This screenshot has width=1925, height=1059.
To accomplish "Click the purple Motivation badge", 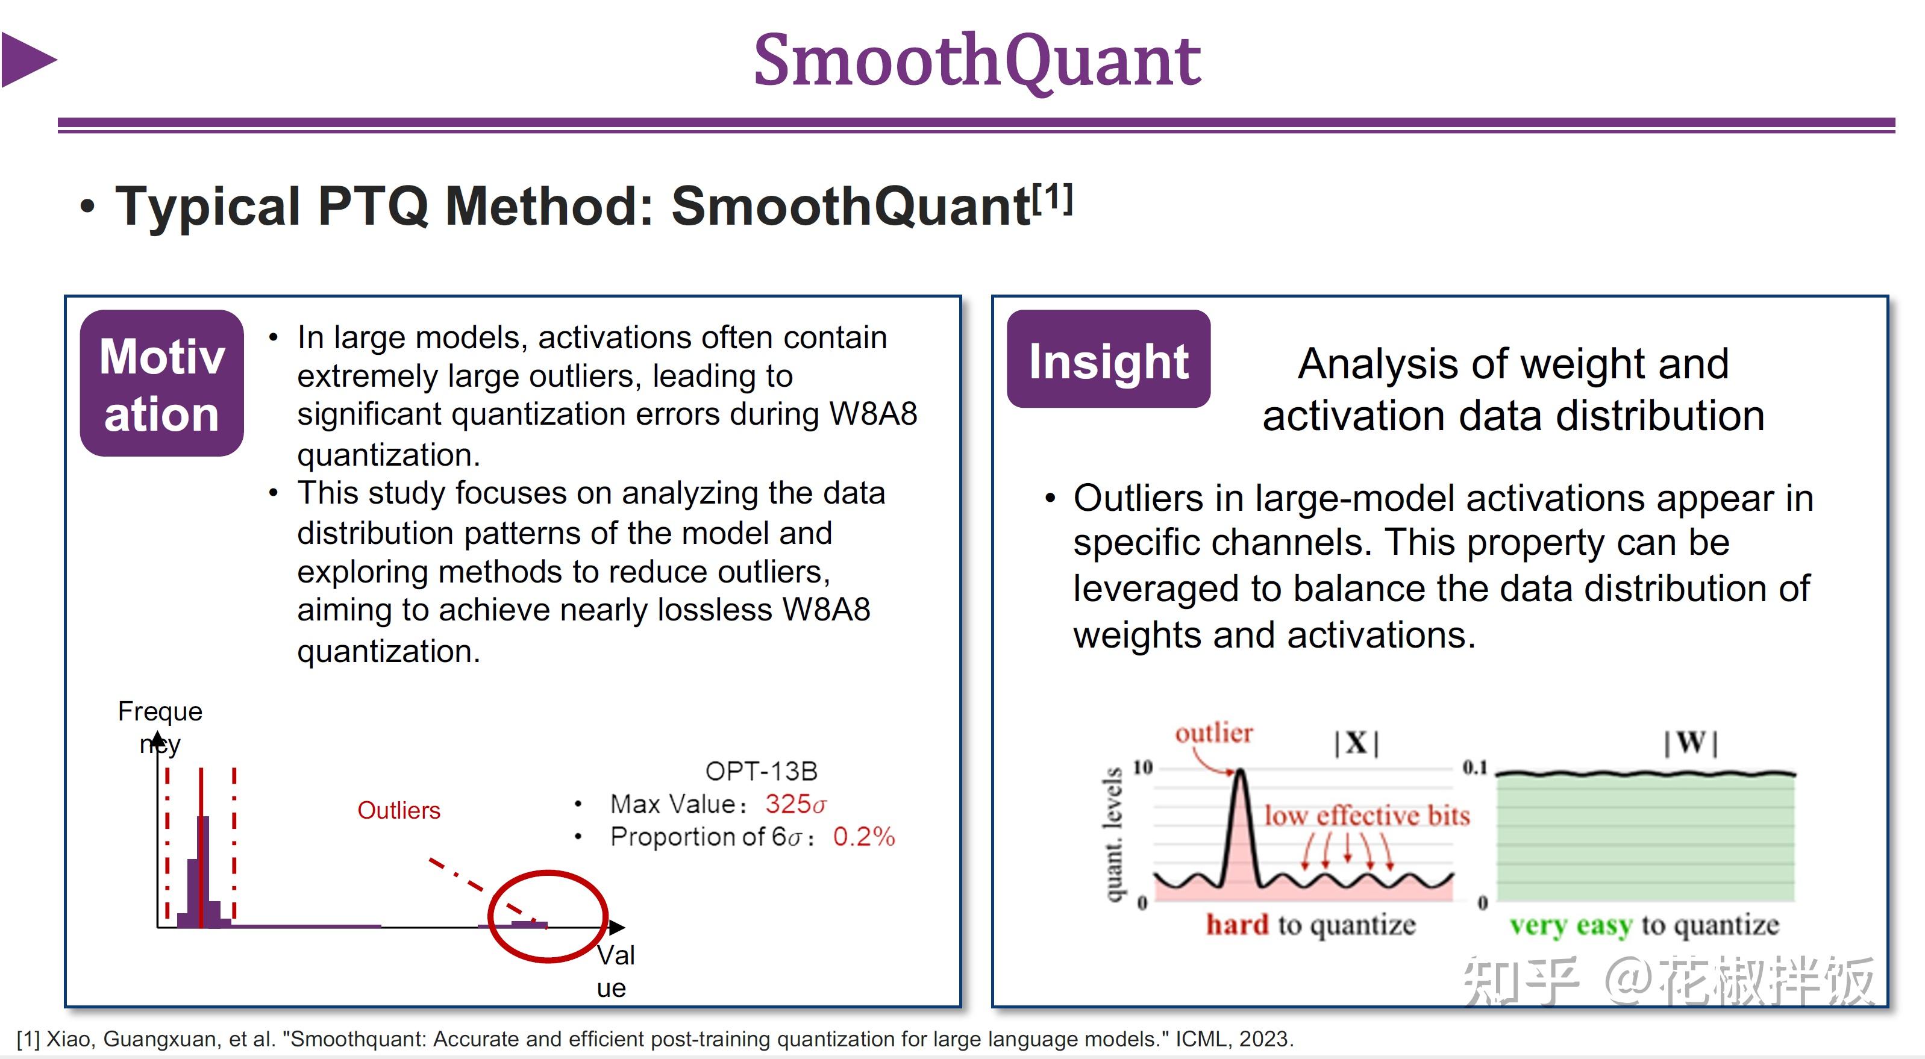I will pyautogui.click(x=161, y=383).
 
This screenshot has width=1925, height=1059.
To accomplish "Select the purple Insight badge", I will pyautogui.click(x=1107, y=360).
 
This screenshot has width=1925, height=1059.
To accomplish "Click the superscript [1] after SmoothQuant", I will pyautogui.click(x=1052, y=199).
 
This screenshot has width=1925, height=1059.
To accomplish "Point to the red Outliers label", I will pyautogui.click(x=398, y=810).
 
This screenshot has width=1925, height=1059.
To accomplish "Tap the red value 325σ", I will pyautogui.click(x=795, y=804).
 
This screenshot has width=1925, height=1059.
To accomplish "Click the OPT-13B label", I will pyautogui.click(x=761, y=771).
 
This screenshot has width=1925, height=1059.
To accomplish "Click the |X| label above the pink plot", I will pyautogui.click(x=1356, y=743).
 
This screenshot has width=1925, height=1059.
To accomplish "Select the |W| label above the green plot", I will pyautogui.click(x=1691, y=743).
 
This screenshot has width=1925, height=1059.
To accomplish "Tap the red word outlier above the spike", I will pyautogui.click(x=1213, y=733).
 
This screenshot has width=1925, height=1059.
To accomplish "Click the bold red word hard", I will pyautogui.click(x=1237, y=925).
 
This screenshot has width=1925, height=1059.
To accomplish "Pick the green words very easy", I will pyautogui.click(x=1570, y=926).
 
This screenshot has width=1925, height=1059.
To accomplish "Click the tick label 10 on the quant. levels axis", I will pyautogui.click(x=1142, y=767).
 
